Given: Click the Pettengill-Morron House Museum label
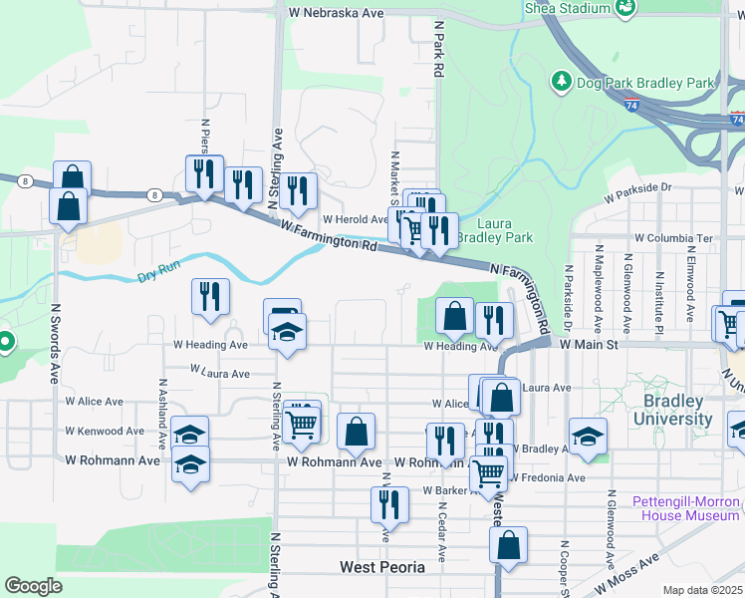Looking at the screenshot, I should click(x=686, y=508).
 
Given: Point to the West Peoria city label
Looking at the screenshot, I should click(x=382, y=567).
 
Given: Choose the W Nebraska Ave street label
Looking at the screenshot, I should click(x=335, y=14).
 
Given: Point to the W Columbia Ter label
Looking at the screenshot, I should click(x=674, y=239).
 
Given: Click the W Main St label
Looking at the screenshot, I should click(x=590, y=344).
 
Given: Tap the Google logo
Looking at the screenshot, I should click(x=33, y=586).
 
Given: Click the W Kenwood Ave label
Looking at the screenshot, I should click(x=105, y=432).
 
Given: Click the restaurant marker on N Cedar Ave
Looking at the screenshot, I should click(x=444, y=440).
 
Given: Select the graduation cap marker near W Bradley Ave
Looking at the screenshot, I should click(x=588, y=436).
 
